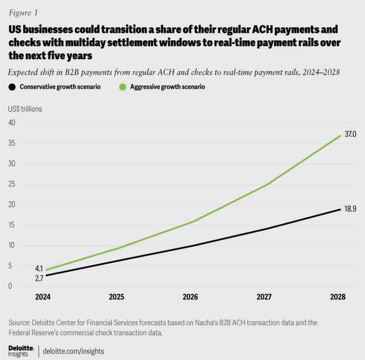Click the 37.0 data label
[x=350, y=134]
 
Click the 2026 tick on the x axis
[x=190, y=297]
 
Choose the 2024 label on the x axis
[x=44, y=297]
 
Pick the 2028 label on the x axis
[x=339, y=297]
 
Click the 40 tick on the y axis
[x=12, y=123]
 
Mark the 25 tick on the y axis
[x=12, y=185]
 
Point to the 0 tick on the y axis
[x=10, y=287]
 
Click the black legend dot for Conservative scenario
[x=12, y=87]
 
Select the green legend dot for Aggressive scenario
[x=122, y=87]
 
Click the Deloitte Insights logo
[x=21, y=350]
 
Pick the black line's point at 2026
[x=190, y=246]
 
